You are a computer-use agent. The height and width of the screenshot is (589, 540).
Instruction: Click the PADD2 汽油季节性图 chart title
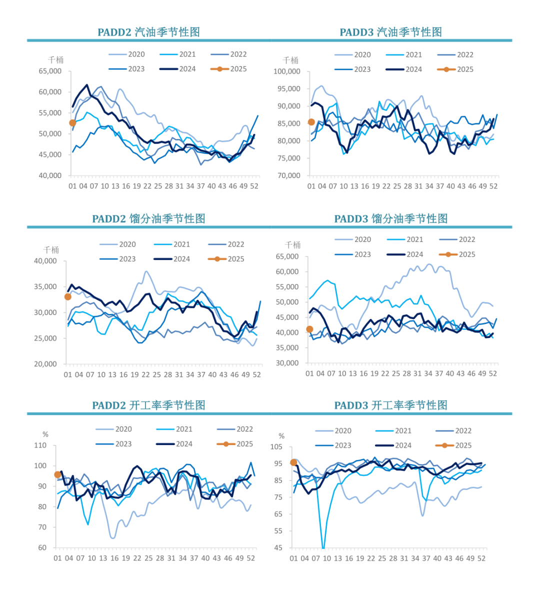pyautogui.click(x=148, y=32)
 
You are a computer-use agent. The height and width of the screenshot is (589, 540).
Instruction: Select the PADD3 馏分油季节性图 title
pyautogui.click(x=390, y=218)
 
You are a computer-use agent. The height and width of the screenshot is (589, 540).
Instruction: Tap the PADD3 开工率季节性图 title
pyautogui.click(x=390, y=405)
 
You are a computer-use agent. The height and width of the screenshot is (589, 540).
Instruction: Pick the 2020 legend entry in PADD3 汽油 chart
pyautogui.click(x=353, y=54)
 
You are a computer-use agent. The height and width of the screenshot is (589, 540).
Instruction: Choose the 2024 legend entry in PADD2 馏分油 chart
pyautogui.click(x=172, y=259)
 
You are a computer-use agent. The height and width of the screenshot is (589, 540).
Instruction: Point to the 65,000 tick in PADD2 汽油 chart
pyautogui.click(x=50, y=71)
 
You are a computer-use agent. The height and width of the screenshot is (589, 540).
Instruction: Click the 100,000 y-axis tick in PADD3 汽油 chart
pyautogui.click(x=287, y=71)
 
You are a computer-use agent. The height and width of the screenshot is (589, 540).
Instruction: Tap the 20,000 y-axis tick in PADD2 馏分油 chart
pyautogui.click(x=45, y=364)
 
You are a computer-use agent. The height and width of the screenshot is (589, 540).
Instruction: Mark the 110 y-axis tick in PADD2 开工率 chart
pyautogui.click(x=40, y=445)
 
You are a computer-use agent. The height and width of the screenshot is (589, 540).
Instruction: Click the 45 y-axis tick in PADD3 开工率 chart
pyautogui.click(x=278, y=547)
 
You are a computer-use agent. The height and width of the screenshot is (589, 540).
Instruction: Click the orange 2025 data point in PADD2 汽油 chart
pyautogui.click(x=72, y=123)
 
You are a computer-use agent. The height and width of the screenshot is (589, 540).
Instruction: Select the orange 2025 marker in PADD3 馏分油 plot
pyautogui.click(x=309, y=329)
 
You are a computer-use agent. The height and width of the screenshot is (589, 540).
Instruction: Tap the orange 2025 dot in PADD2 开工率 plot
pyautogui.click(x=57, y=474)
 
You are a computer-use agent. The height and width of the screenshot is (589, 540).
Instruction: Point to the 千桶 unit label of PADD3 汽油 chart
pyautogui.click(x=290, y=60)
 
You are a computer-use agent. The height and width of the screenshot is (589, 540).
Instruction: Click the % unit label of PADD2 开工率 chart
pyautogui.click(x=45, y=434)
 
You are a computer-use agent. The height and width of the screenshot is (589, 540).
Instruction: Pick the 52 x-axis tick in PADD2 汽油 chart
pyautogui.click(x=254, y=186)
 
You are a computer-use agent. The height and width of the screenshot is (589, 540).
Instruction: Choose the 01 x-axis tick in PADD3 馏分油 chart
pyautogui.click(x=309, y=373)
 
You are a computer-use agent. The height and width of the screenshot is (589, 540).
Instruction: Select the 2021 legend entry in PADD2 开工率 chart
pyautogui.click(x=174, y=429)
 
